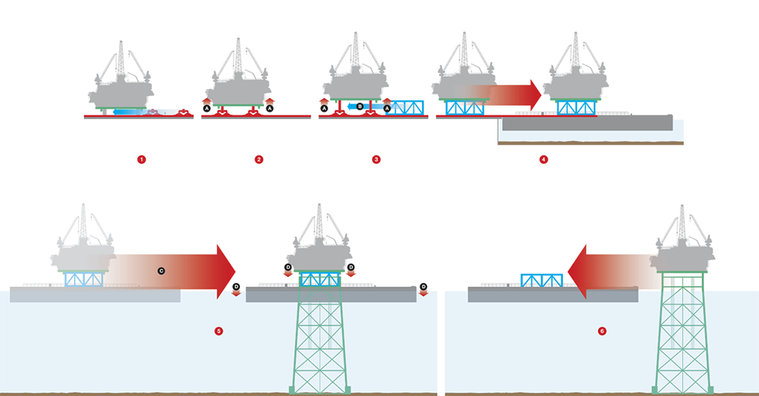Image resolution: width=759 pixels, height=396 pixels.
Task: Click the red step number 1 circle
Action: [x=141, y=159]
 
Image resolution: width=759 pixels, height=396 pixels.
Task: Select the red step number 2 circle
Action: [x=259, y=159]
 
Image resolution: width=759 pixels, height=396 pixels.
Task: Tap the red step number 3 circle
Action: [x=376, y=159]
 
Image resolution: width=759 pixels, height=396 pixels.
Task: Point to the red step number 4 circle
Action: [x=543, y=159]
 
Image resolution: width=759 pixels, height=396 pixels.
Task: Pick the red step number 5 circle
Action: [x=219, y=331]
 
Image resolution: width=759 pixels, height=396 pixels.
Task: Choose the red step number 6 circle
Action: [x=602, y=331]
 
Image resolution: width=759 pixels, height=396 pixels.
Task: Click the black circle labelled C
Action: [x=161, y=271]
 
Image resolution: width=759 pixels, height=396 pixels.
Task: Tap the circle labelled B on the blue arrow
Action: [x=360, y=106]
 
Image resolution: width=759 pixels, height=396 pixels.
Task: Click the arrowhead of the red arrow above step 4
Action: [x=537, y=95]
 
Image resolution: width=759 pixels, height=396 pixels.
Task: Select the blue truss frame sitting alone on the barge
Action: [x=542, y=280]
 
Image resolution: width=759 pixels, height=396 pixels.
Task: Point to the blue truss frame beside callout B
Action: [x=405, y=107]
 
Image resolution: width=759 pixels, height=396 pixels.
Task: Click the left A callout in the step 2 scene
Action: [x=207, y=108]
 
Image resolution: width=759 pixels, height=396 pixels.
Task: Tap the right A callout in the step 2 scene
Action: [x=269, y=108]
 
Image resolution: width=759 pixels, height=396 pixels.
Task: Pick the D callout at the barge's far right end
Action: [x=423, y=287]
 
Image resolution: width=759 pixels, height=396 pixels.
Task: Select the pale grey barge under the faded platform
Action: [x=95, y=295]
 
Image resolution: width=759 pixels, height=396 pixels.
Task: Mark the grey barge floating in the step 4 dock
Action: [x=587, y=123]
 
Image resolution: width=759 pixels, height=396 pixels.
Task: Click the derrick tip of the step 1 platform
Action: [x=121, y=43]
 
